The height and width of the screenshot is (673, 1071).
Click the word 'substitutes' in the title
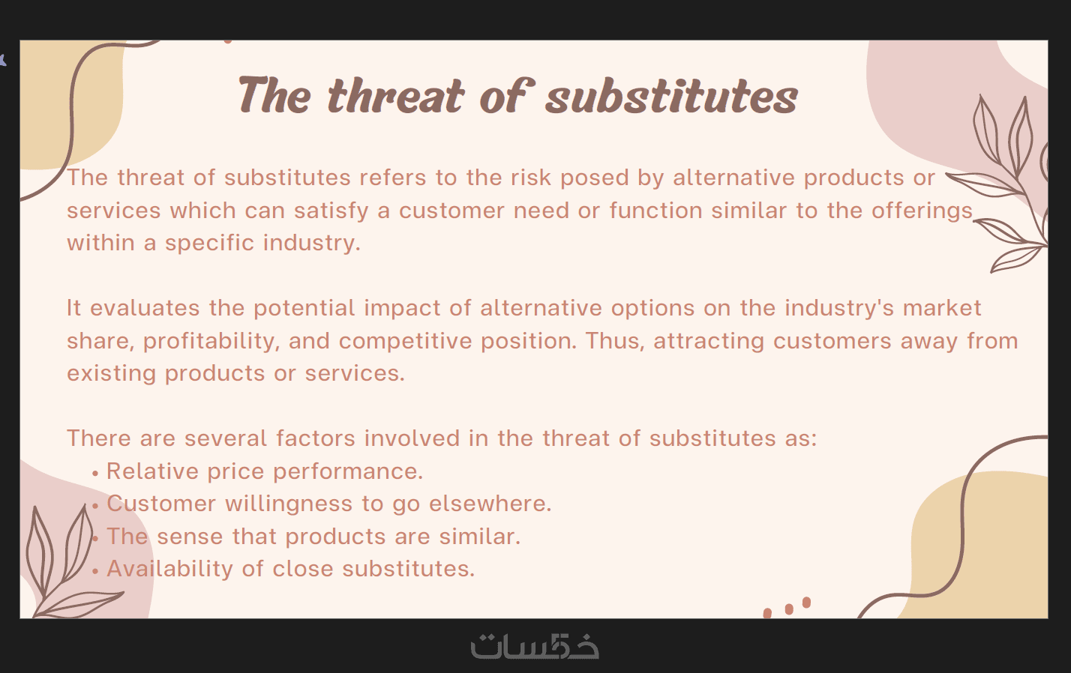pos(671,95)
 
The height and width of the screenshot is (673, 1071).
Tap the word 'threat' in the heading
pos(395,95)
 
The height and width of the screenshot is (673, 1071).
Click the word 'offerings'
pos(922,211)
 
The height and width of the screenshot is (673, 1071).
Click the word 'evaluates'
pos(145,308)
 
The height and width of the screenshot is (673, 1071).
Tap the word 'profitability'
pos(211,342)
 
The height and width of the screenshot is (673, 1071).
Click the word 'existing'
pos(112,373)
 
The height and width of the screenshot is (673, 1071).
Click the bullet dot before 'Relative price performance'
pos(95,474)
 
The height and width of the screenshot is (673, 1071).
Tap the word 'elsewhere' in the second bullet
pos(490,504)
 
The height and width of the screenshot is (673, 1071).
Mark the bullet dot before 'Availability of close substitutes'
pos(95,571)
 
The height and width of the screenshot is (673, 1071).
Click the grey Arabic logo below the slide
pos(535,647)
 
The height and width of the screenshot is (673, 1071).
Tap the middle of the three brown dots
pos(789,609)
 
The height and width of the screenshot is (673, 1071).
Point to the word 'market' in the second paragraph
pos(942,308)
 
